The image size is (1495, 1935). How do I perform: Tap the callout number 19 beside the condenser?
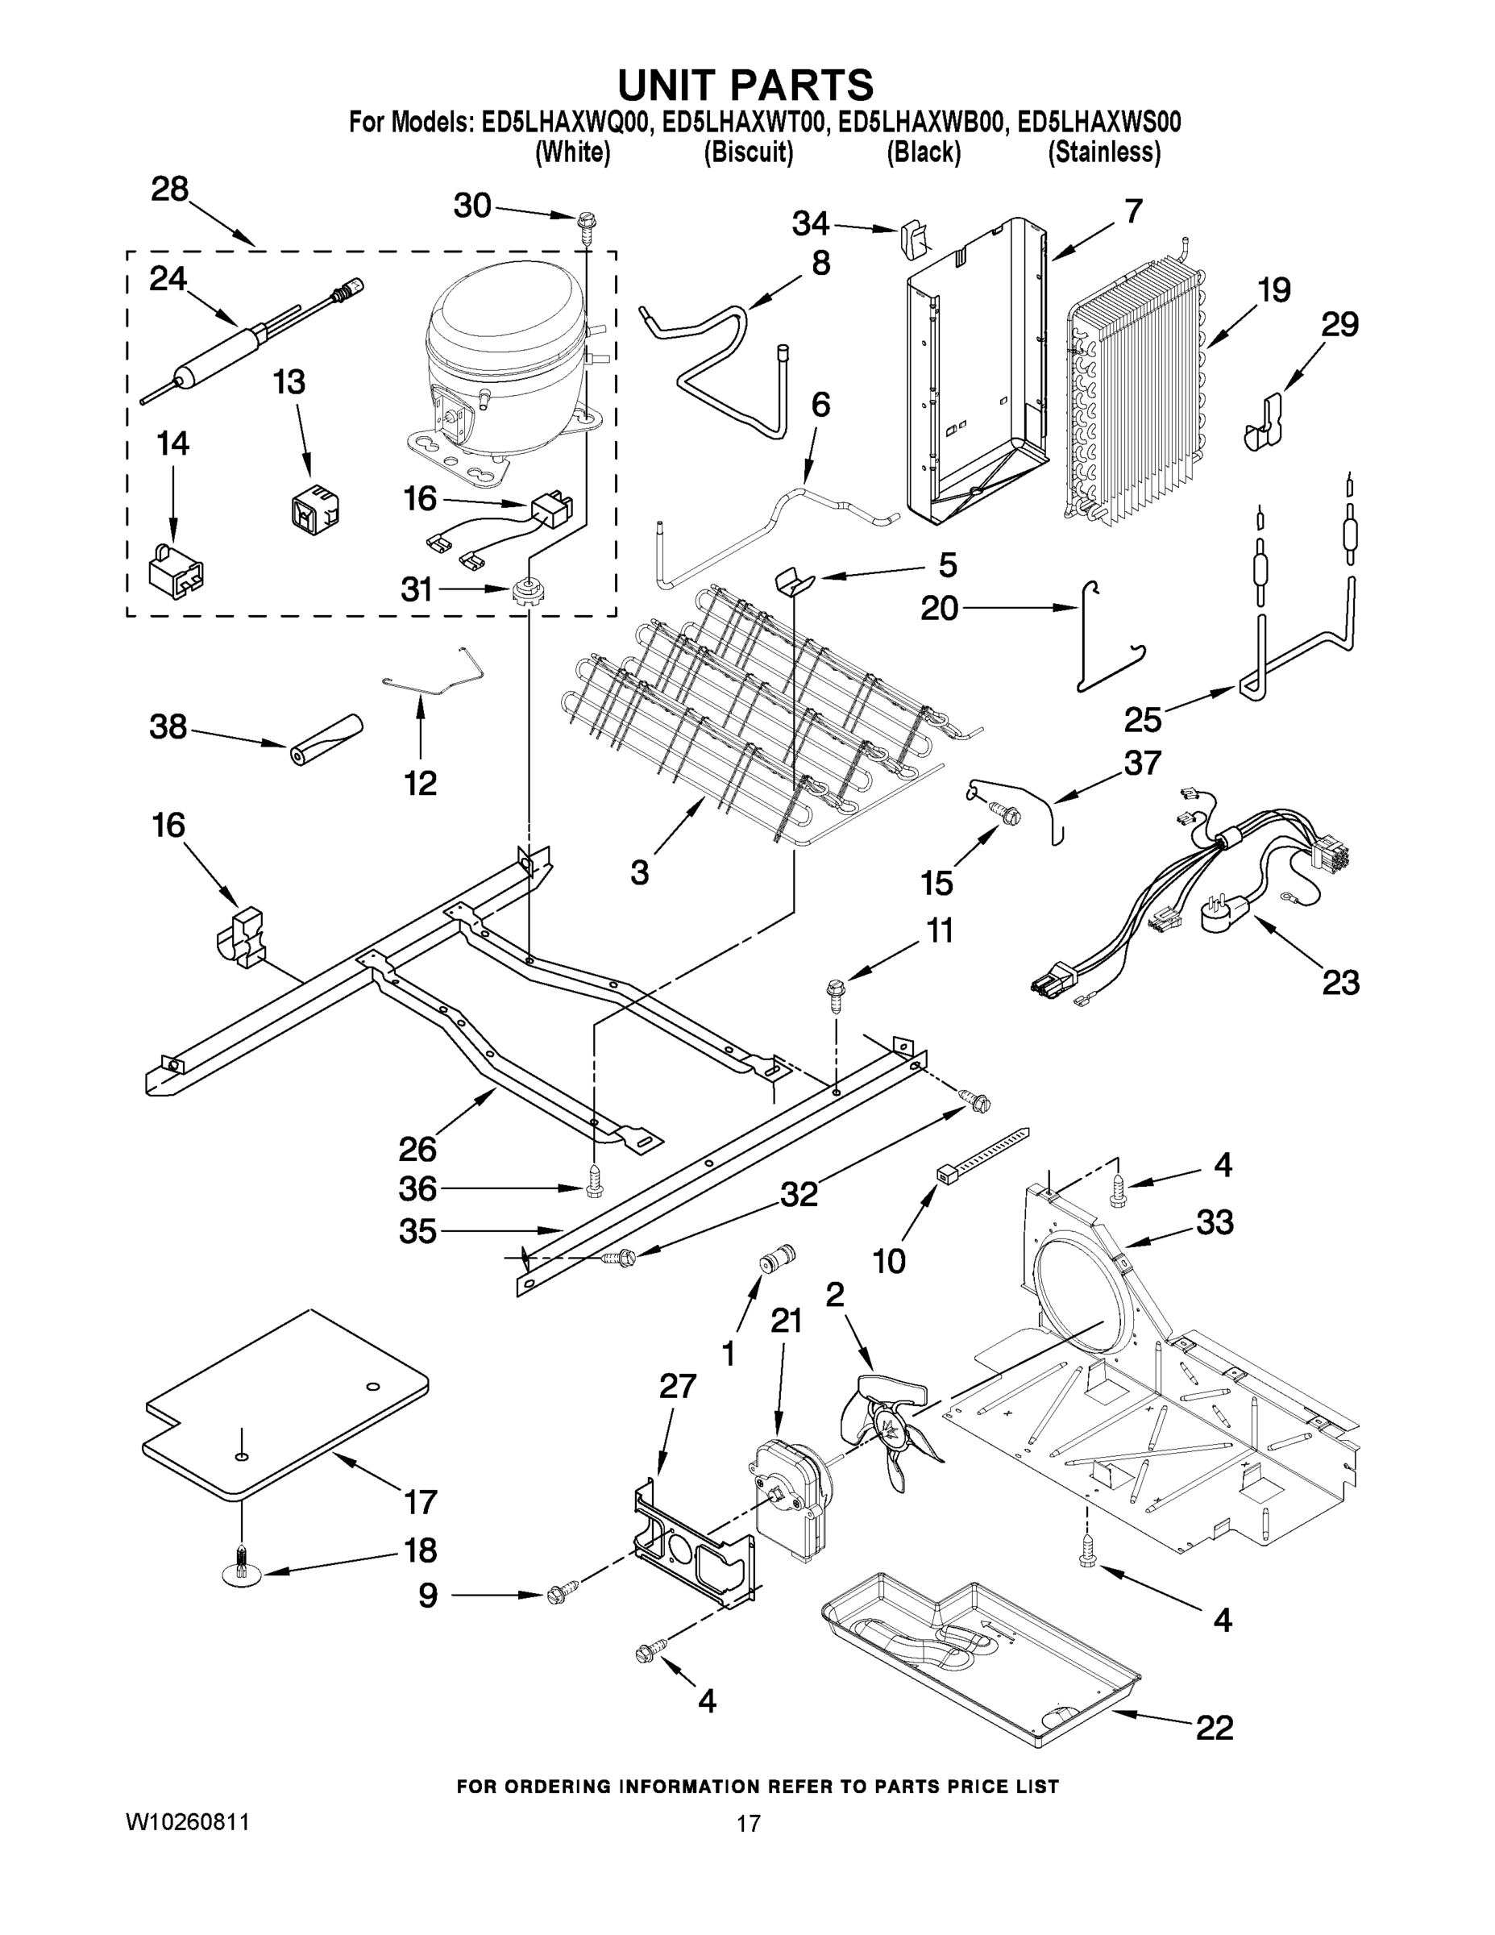tap(1273, 289)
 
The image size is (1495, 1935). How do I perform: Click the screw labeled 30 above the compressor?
tap(586, 222)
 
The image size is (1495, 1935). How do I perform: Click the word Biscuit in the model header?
tap(749, 152)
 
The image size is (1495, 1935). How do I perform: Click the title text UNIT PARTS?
tap(745, 85)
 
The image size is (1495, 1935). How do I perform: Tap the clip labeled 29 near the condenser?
tap(1261, 423)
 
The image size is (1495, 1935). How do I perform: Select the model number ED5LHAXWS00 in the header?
tap(1098, 123)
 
